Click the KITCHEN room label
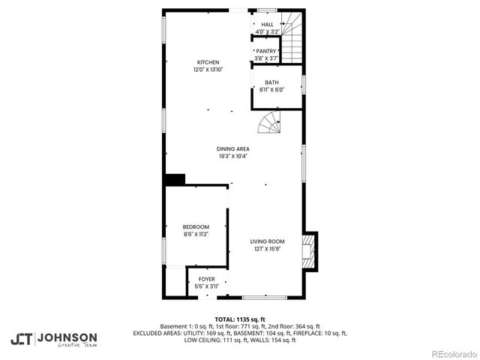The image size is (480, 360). [208, 62]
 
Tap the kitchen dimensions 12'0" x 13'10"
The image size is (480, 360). [208, 70]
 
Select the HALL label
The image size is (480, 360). [267, 25]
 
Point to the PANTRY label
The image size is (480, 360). [266, 51]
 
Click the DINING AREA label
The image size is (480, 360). [233, 149]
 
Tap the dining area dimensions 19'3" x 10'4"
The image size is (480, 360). [233, 157]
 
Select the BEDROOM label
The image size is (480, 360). [196, 226]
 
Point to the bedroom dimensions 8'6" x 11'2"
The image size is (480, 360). [196, 234]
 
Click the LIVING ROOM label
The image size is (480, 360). [266, 241]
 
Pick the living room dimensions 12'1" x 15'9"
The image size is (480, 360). [266, 249]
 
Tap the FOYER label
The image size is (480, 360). [206, 279]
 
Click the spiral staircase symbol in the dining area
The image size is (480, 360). [270, 123]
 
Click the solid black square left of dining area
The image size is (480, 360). [175, 179]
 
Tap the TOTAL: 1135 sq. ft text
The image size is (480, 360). [240, 319]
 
